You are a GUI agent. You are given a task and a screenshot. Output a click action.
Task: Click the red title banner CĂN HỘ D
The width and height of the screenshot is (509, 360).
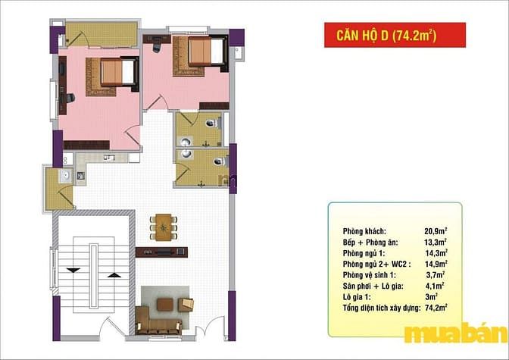tap(395, 35)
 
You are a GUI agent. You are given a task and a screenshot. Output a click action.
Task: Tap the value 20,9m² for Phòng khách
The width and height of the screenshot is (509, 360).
tap(436, 231)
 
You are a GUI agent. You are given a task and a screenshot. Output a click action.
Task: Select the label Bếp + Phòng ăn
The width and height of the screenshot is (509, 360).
tap(370, 243)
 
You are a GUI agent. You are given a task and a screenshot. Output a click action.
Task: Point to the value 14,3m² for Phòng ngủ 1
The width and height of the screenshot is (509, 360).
tap(436, 253)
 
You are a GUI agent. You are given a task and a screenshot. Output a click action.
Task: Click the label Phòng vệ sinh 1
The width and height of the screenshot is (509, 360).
tap(369, 275)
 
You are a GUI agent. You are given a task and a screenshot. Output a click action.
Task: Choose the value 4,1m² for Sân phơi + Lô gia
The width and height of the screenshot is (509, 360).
tap(435, 286)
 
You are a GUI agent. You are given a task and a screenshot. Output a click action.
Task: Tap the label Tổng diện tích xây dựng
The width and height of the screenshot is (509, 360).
tap(382, 308)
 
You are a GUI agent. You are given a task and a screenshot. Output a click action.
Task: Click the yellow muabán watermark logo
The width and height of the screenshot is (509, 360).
tap(455, 332)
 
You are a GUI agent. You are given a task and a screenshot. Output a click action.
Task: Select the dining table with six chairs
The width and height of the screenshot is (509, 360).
tap(164, 227)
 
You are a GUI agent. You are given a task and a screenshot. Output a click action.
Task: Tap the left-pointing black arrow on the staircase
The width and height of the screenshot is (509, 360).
tap(74, 270)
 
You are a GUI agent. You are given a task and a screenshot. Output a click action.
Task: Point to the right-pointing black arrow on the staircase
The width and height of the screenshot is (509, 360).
tap(114, 275)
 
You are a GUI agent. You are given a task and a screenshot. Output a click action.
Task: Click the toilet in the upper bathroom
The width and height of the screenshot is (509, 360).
tap(212, 123)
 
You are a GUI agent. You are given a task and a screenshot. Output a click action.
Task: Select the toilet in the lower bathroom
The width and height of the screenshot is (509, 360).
tap(220, 161)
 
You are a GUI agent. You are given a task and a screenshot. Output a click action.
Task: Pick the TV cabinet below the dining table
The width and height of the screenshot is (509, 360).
tap(161, 252)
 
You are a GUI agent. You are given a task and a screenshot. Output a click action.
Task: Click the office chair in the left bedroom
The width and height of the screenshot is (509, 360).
tap(70, 98)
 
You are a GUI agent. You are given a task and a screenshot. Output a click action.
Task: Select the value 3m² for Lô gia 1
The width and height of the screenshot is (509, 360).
tap(432, 296)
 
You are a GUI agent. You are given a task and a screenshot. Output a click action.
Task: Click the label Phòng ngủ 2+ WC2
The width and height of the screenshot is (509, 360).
tap(376, 265)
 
